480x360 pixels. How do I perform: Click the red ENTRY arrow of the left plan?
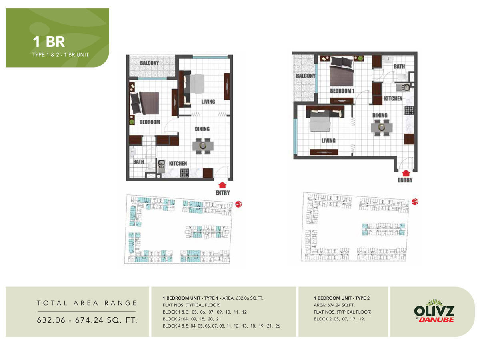pos(223,185)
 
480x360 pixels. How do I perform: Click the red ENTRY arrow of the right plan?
pos(406,173)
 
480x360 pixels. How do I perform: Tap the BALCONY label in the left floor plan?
pos(149,63)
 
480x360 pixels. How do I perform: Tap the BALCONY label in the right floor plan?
pos(306,76)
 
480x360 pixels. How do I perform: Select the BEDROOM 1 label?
pos(342,91)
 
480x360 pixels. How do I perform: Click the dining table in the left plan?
pos(203,146)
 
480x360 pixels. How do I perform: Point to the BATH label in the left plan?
pos(138,162)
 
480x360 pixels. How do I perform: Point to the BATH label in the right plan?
pos(399,66)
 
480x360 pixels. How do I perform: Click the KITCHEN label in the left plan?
pos(178,163)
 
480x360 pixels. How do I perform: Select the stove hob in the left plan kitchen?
pos(184,173)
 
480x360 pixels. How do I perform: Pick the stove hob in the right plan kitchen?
pos(408,110)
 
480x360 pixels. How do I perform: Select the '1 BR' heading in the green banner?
pos(49,42)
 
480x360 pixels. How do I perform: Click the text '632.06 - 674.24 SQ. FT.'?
pos(87,320)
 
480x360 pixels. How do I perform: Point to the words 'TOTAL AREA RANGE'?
pos(87,303)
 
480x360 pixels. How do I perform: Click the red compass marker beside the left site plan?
pos(239,204)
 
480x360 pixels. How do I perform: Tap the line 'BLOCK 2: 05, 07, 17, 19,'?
pos(340,319)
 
